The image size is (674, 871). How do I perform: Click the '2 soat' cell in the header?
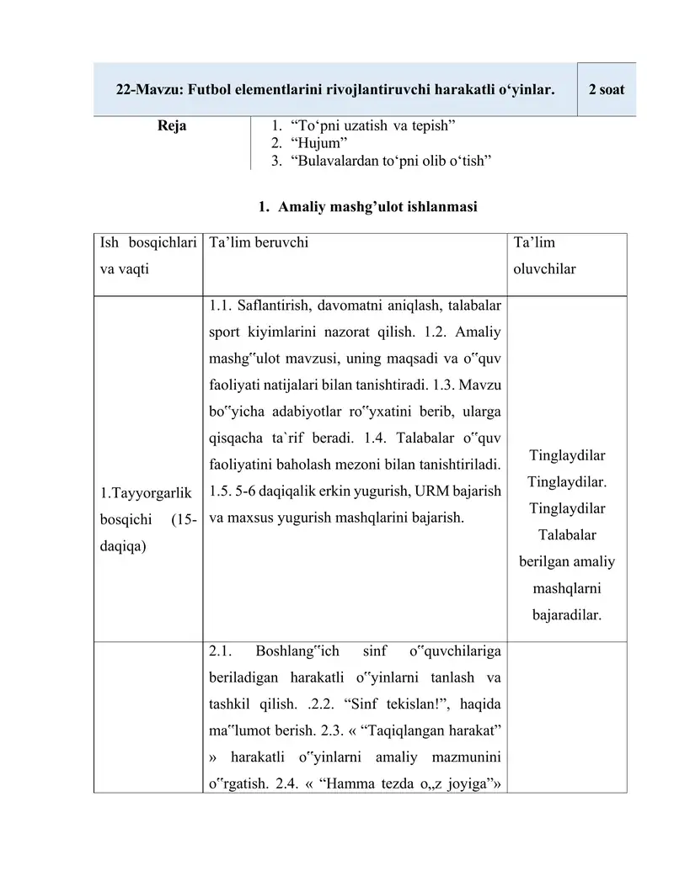[x=607, y=89]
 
